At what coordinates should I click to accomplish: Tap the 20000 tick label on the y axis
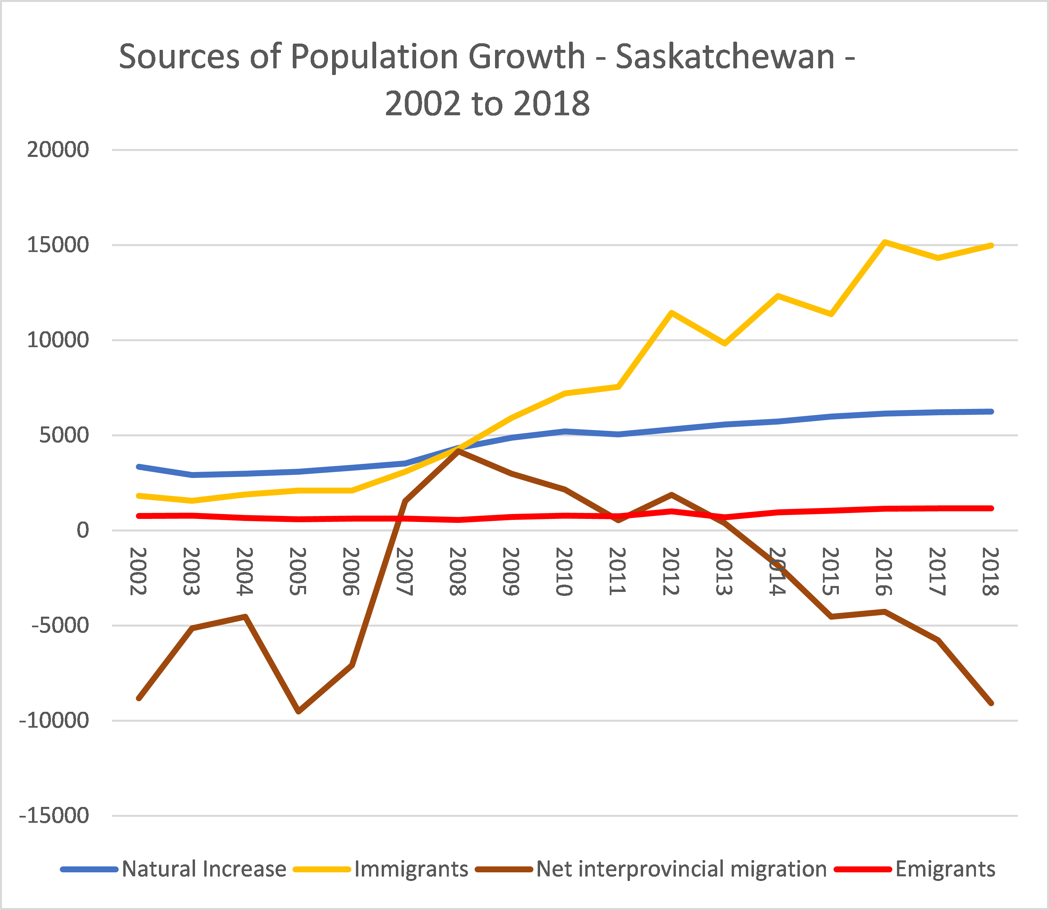pos(58,150)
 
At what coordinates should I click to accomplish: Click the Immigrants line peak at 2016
pos(884,242)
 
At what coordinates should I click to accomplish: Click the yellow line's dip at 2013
pos(725,344)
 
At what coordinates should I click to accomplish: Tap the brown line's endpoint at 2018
pos(991,703)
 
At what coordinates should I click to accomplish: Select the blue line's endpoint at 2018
pos(991,411)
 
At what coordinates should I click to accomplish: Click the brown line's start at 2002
pos(139,699)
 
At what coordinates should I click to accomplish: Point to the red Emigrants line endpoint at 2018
pos(991,508)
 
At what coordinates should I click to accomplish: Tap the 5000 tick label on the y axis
pos(64,435)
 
